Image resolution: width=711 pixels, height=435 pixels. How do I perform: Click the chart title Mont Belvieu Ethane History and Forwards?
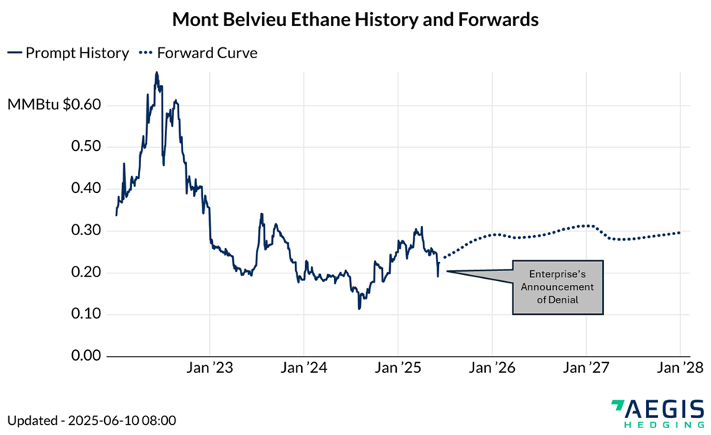(x=355, y=19)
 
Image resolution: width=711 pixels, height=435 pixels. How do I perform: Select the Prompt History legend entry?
(x=68, y=54)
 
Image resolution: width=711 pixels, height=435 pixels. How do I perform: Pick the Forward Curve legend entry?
(x=197, y=54)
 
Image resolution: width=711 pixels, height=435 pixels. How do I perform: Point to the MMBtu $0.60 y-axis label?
(x=54, y=105)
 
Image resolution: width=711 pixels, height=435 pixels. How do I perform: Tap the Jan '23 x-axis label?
(x=211, y=368)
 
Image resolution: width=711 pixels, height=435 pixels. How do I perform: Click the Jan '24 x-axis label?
(x=305, y=368)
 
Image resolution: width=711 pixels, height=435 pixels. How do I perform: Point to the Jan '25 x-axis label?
(x=398, y=368)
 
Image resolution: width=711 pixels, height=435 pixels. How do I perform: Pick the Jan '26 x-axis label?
(x=493, y=368)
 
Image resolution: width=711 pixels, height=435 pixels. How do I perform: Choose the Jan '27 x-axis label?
(x=586, y=368)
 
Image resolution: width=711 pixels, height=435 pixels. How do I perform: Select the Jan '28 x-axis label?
(x=680, y=368)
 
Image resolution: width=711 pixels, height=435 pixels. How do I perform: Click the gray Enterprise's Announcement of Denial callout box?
(x=558, y=287)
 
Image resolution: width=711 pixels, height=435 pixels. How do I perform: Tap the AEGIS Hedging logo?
(x=658, y=413)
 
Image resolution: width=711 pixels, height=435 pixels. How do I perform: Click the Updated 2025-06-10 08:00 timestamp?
(x=92, y=420)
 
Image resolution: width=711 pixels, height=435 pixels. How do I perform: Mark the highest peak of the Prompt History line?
(x=157, y=74)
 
